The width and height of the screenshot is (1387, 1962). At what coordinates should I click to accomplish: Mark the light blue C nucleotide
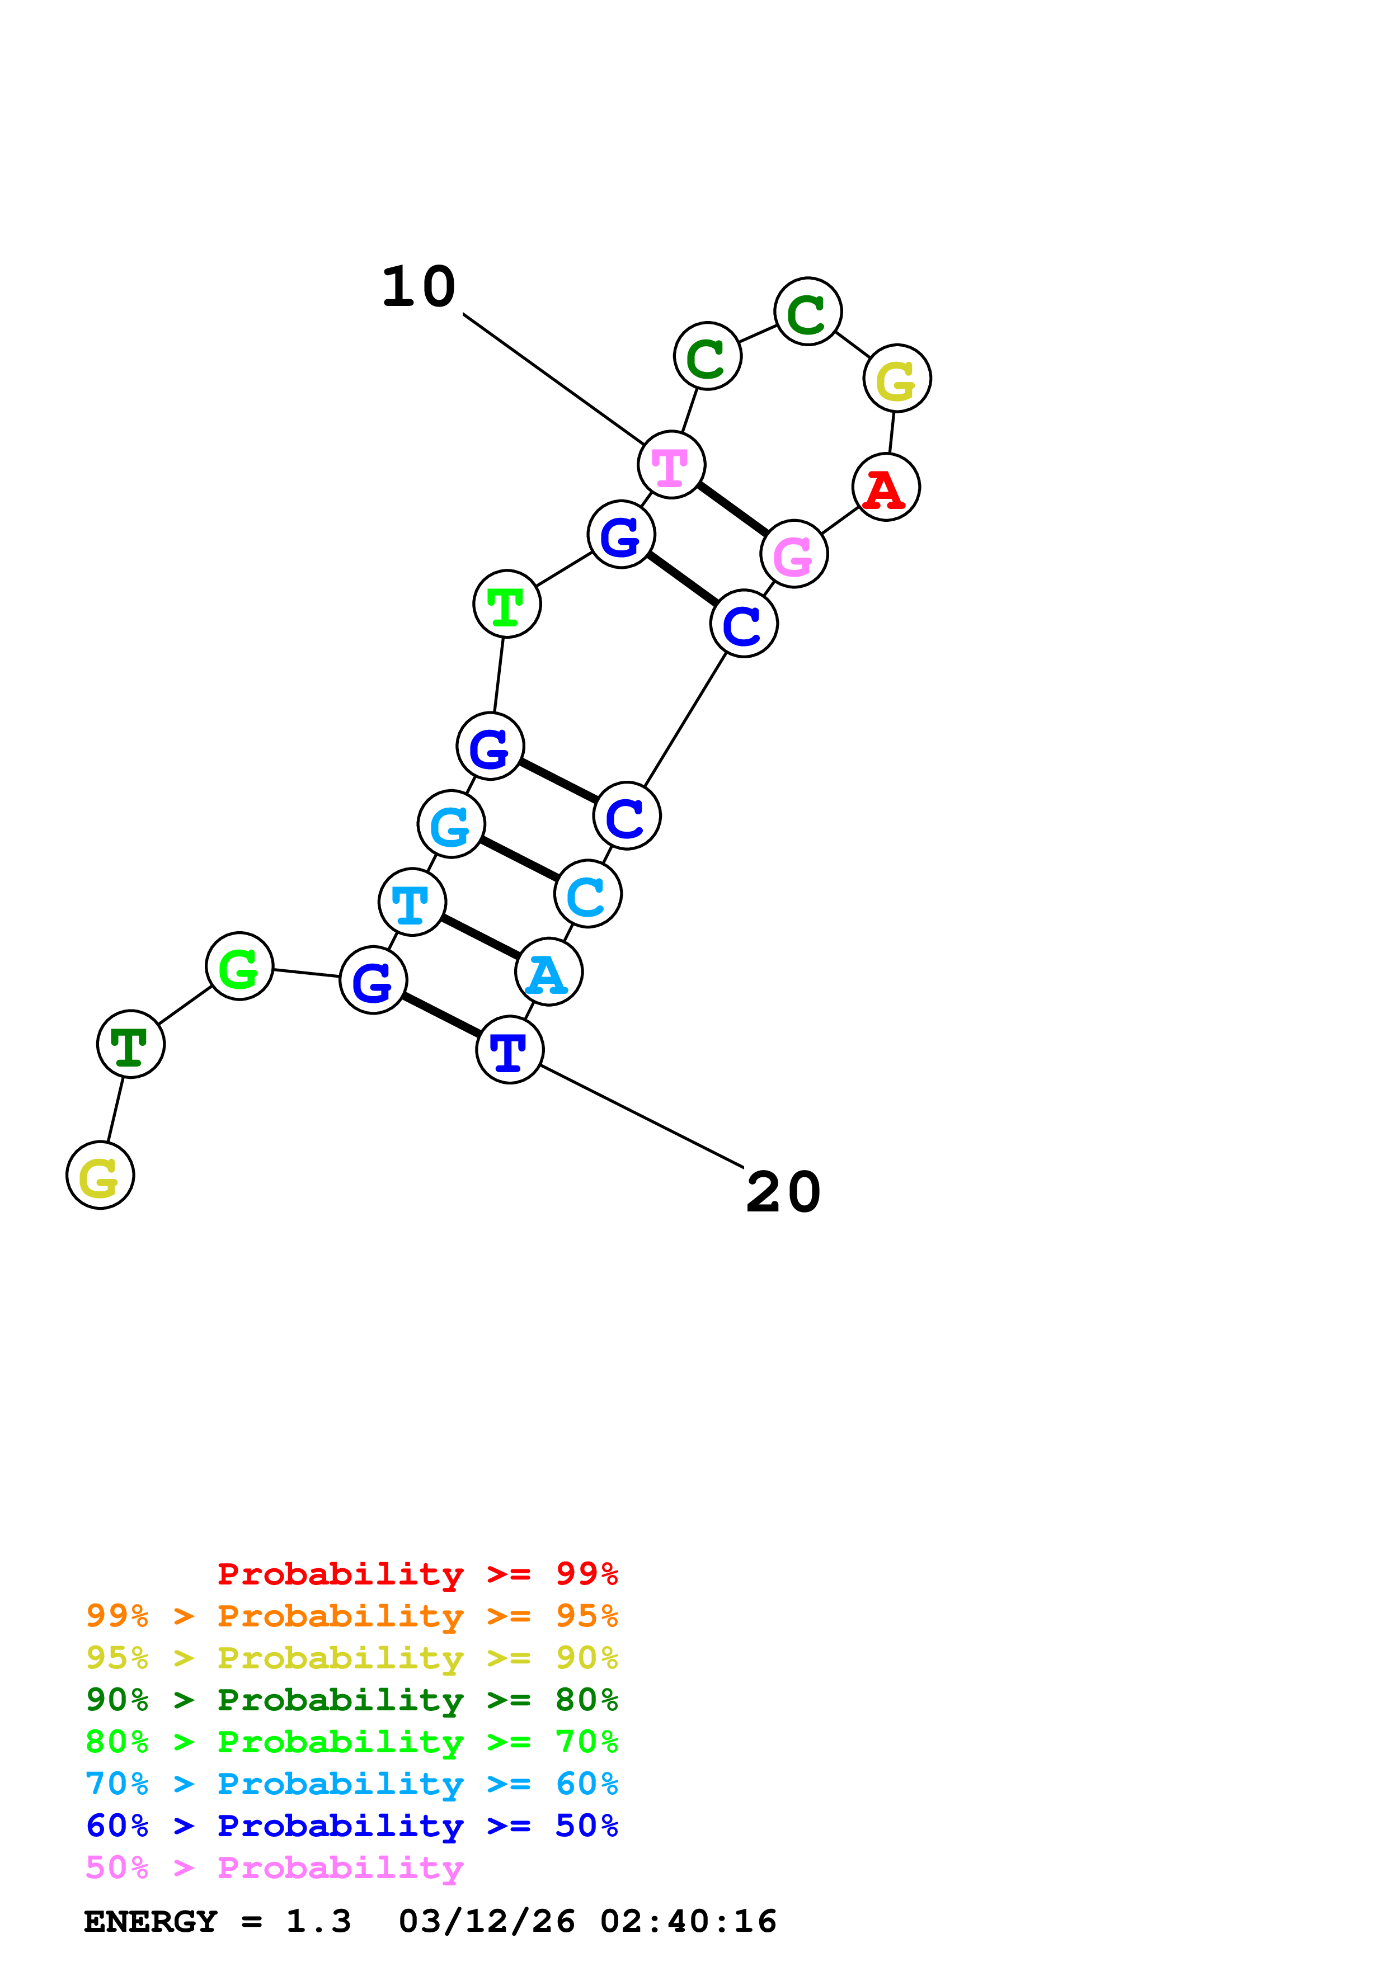[588, 895]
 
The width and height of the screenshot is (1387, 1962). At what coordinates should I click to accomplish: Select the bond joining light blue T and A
[480, 937]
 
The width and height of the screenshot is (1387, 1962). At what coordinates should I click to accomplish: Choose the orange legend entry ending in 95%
[352, 1616]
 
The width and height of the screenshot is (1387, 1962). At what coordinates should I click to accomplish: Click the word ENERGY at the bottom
[151, 1922]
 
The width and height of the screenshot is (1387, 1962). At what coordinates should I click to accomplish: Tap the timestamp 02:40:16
[688, 1922]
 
